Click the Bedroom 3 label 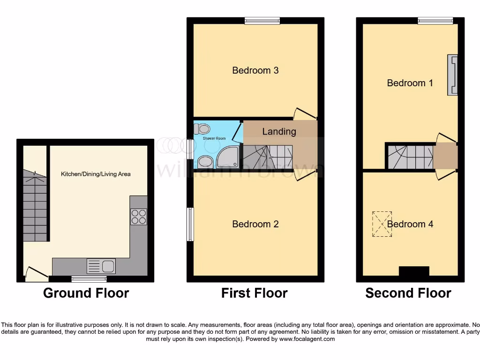click(255, 70)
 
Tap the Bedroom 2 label click(255, 224)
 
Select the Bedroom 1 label click(410, 83)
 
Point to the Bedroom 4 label click(410, 224)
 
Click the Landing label click(279, 131)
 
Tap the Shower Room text click(214, 138)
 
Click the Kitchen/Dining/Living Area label click(96, 174)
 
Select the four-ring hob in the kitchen click(139, 217)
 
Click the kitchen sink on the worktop click(101, 266)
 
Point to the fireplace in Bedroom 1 click(453, 75)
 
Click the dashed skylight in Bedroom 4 click(382, 224)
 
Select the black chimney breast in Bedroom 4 click(414, 271)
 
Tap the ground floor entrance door click(37, 274)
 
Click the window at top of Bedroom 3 click(262, 20)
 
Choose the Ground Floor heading click(86, 293)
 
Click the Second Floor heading click(408, 293)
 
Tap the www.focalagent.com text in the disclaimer click(307, 338)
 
